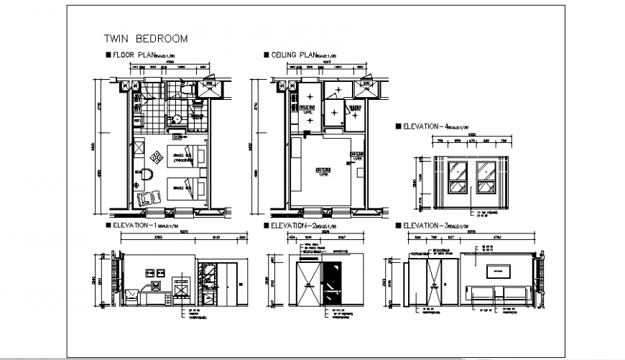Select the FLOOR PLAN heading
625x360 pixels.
tap(133, 55)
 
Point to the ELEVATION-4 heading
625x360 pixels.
tap(430, 126)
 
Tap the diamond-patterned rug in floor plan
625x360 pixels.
tap(156, 157)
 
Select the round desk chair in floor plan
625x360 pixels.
tap(147, 175)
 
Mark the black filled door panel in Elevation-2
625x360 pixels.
tap(331, 283)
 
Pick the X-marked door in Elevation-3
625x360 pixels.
tap(434, 282)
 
